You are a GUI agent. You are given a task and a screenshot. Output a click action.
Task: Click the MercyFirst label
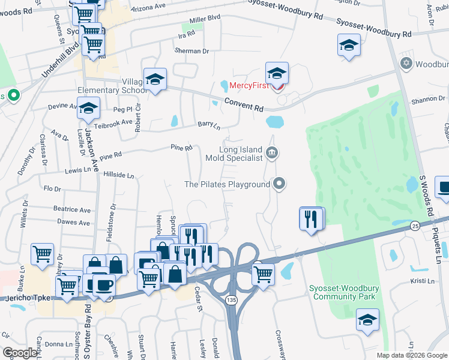pos(249,86)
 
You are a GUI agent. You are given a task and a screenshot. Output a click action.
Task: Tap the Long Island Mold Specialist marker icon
pos(271,153)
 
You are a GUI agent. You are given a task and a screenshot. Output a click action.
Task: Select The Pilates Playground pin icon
pos(279,184)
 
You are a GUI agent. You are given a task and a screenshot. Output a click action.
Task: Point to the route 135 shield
pos(231,298)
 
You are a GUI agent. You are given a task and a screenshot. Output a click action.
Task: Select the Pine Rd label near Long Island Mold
pos(181,147)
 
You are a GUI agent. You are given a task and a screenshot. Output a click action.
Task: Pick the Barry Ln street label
pos(209,125)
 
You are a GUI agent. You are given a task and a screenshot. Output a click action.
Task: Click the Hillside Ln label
pos(119,175)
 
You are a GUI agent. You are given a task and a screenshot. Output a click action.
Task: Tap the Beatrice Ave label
pos(71,209)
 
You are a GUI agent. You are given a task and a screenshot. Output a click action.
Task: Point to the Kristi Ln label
pos(421,281)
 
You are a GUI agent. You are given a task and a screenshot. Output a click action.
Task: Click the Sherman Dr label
pos(192,51)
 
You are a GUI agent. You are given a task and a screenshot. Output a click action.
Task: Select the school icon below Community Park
pos(367,321)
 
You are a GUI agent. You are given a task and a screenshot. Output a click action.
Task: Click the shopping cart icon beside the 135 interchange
pos(263,275)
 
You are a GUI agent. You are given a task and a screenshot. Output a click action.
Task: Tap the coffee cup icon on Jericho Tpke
pos(104,285)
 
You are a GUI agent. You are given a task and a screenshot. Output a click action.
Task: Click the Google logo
pos(21,353)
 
